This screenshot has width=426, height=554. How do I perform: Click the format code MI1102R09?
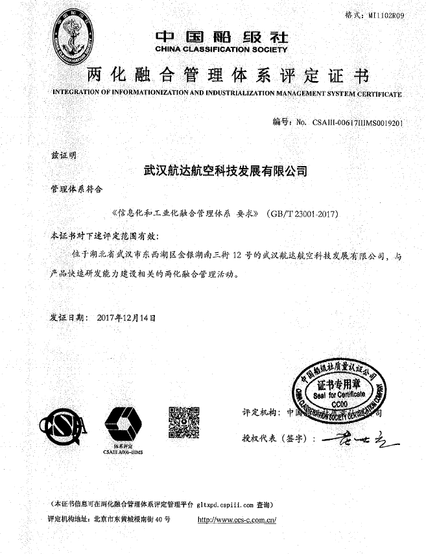pyautogui.click(x=386, y=15)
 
